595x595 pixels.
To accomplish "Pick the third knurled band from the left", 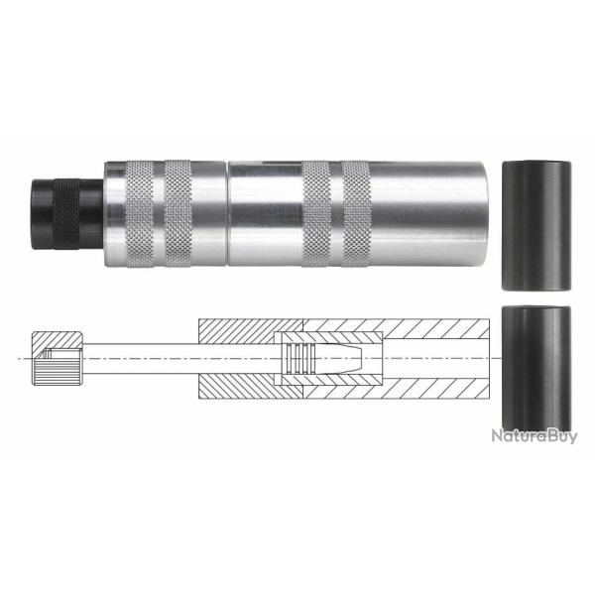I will (x=316, y=212).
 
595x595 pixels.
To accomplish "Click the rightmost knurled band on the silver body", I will (x=356, y=212).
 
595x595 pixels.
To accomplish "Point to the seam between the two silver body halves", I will (x=226, y=213).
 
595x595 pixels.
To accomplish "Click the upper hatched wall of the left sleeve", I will (x=238, y=330).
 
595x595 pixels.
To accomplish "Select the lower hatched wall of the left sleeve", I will (x=238, y=384).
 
